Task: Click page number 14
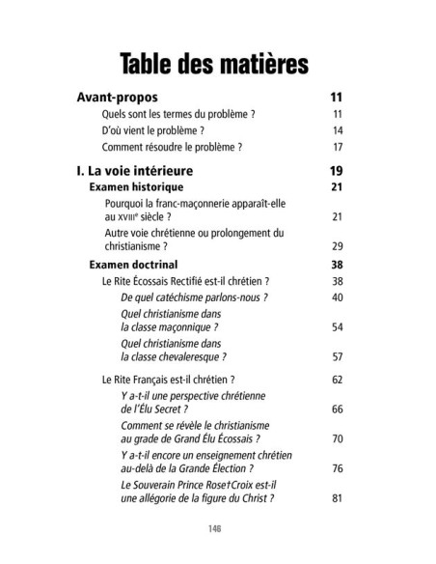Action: pos(338,130)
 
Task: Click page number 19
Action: pos(337,171)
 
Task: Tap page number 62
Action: pos(338,380)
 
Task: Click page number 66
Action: pos(338,409)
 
